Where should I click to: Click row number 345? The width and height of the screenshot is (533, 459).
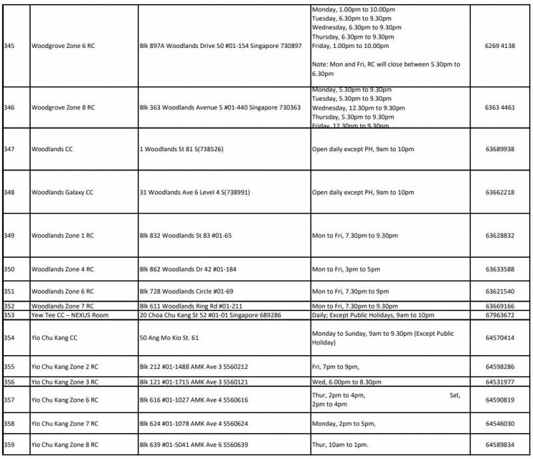(x=9, y=46)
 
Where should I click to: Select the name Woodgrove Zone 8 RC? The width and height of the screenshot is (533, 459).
(x=63, y=107)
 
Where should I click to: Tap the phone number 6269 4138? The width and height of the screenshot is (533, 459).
(x=500, y=46)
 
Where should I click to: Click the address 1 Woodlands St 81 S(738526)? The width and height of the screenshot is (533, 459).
(x=181, y=149)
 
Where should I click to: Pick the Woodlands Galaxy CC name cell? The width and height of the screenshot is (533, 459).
(x=63, y=193)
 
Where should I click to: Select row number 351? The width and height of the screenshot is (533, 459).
(x=9, y=292)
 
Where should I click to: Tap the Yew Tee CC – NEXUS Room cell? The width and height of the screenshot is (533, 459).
(x=70, y=315)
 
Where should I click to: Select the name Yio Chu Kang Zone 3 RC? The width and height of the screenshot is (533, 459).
(x=65, y=382)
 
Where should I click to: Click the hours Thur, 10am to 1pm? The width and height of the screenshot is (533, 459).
(x=344, y=445)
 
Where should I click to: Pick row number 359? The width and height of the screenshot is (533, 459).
(x=9, y=445)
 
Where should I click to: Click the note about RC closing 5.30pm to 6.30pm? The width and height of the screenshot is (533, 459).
(x=386, y=69)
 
